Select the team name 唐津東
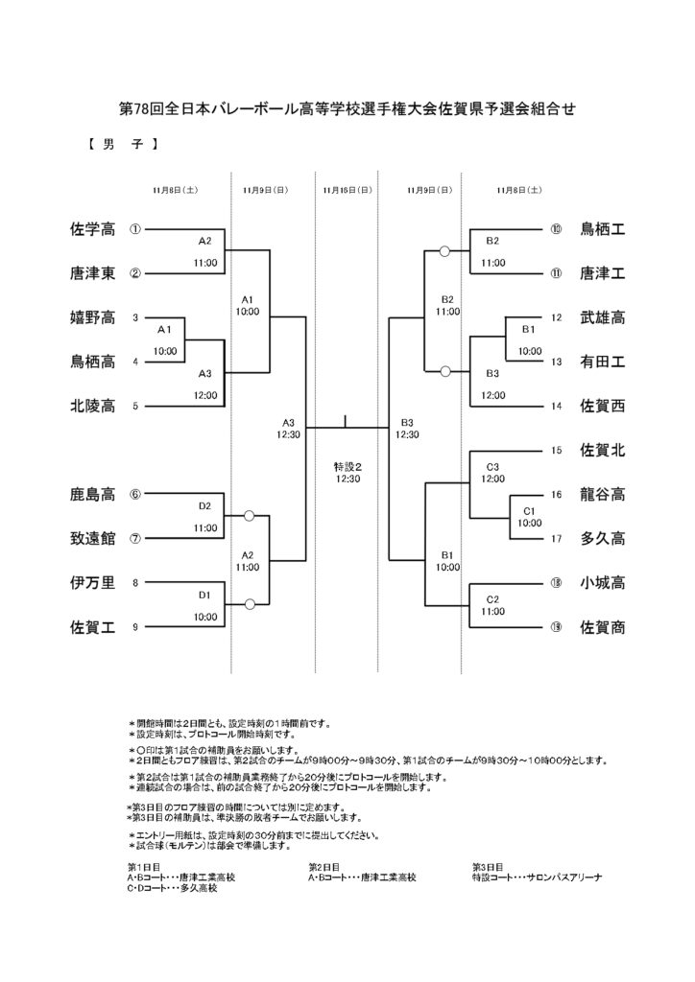[93, 273]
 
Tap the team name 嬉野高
[93, 317]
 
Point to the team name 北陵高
[93, 406]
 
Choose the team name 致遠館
[93, 538]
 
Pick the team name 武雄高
[602, 317]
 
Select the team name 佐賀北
[602, 450]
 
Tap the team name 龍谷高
[602, 494]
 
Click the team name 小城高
[602, 582]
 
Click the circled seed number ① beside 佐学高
[135, 230]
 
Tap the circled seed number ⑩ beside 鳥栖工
[556, 230]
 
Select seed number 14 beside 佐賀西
[556, 406]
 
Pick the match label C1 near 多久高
[529, 511]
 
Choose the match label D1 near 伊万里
[204, 595]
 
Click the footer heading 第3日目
[489, 865]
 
